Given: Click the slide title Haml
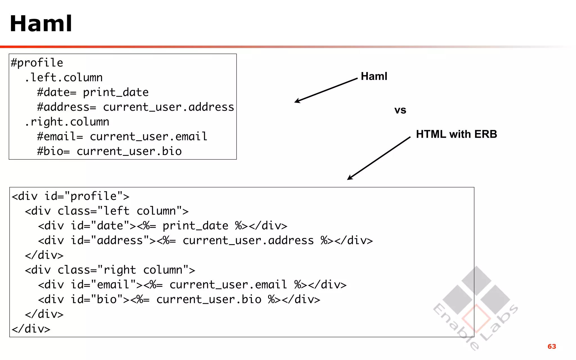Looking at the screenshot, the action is coord(41,24).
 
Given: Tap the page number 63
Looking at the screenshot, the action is coord(552,346).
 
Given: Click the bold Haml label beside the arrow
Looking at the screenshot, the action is coord(374,76).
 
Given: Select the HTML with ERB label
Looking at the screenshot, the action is coord(456,134).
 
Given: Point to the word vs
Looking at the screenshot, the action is coord(400,110).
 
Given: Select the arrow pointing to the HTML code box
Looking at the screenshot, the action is coord(379,158).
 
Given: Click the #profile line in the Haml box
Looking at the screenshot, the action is coord(37,63).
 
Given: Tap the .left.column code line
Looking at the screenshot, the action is coord(64,78).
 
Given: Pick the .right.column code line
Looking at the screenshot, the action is coord(67,122).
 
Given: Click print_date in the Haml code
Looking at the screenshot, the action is coord(116,92).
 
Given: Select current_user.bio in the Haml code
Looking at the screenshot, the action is coord(129,151).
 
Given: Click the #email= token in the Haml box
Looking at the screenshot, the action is coord(60,137).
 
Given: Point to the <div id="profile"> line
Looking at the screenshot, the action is coord(70,196).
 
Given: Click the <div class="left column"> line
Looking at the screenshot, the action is coord(107,211).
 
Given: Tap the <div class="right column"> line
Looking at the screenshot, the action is coord(110,270).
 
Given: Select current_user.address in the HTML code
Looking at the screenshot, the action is coord(248,240).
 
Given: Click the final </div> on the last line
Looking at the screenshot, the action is coord(31,329).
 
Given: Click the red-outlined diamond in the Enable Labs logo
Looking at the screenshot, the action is coord(476,319).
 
